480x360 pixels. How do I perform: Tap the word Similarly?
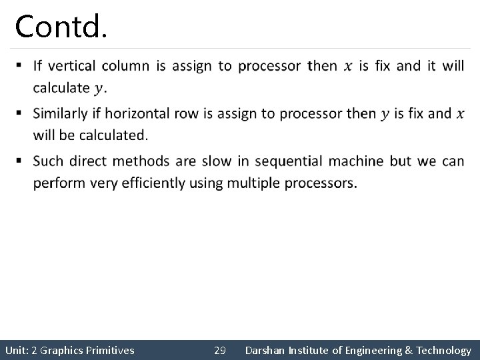[x=62, y=113]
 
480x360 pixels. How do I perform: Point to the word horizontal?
[x=142, y=113]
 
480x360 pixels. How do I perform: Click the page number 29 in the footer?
[x=220, y=350]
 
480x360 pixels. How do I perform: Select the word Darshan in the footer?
[x=266, y=350]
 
